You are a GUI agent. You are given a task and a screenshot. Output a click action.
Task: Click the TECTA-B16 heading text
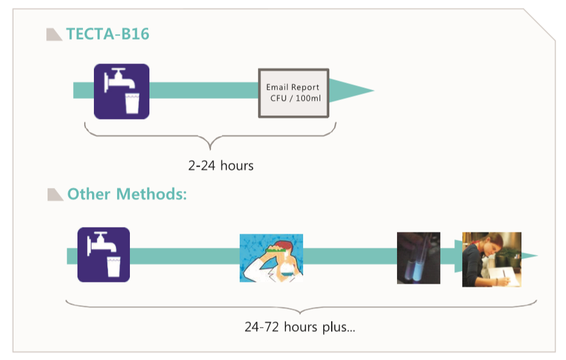107,34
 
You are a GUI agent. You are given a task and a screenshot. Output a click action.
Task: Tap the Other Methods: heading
127,194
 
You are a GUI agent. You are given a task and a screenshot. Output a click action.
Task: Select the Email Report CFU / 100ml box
294,93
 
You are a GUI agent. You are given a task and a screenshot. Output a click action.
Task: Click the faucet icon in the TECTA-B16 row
121,91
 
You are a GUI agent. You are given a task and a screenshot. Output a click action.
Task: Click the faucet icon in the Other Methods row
104,254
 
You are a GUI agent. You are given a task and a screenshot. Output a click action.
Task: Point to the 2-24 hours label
221,165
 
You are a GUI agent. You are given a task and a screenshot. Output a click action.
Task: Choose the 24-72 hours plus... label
299,327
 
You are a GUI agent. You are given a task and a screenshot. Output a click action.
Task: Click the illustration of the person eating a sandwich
271,257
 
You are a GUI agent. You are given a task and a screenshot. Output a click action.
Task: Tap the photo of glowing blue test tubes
418,257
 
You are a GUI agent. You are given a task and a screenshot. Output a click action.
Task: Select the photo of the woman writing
492,259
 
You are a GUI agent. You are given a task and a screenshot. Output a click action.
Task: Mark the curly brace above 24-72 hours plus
301,306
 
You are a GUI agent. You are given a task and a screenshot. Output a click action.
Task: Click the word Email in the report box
277,87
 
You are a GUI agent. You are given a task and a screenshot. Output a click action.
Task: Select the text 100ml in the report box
308,99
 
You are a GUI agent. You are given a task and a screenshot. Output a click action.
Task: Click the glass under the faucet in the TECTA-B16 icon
132,104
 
